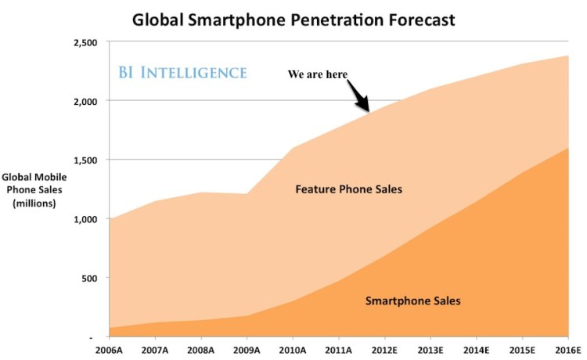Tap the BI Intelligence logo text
click(x=182, y=73)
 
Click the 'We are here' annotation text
click(x=318, y=74)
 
